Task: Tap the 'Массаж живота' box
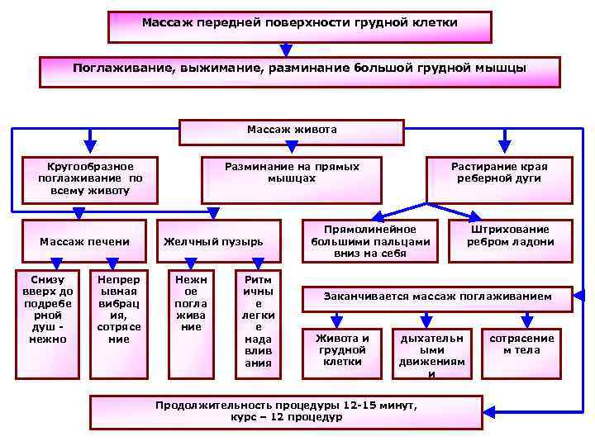292,131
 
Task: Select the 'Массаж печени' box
85,242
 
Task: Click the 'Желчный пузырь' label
213,242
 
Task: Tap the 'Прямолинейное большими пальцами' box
370,241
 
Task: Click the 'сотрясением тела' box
522,350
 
